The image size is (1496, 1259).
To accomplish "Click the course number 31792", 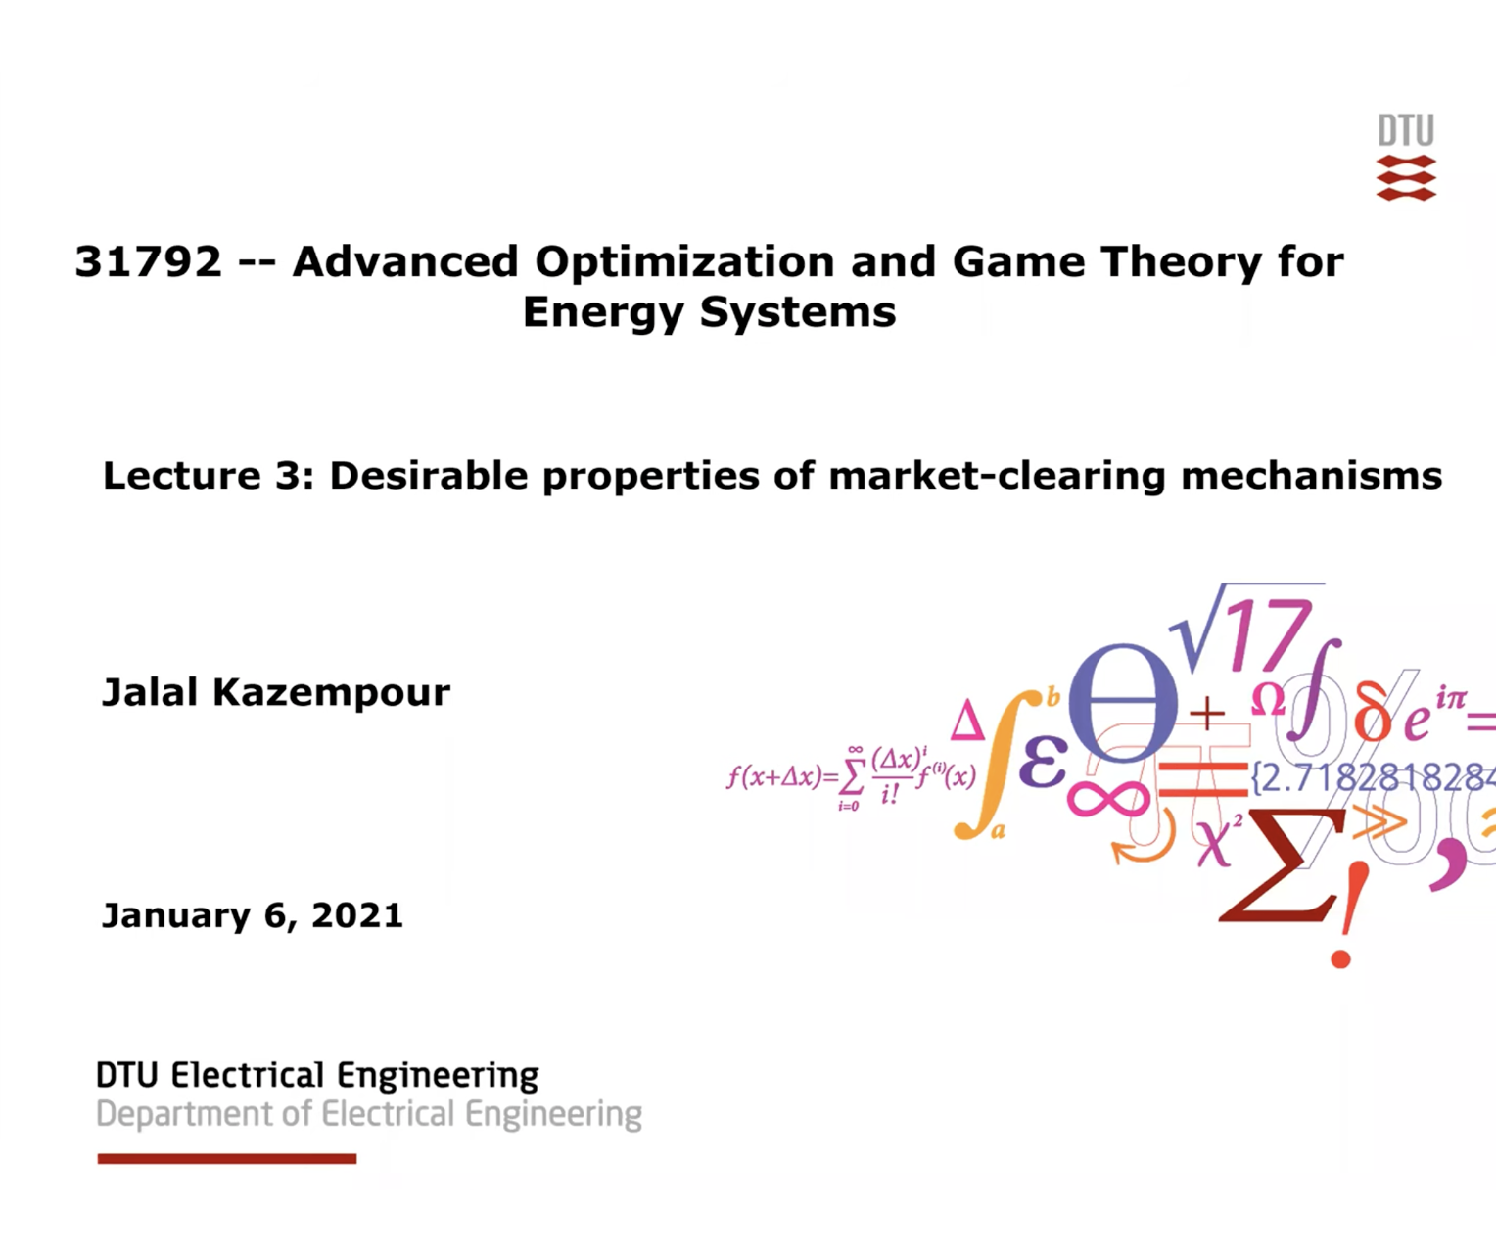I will point(149,261).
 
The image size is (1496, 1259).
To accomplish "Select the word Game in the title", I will point(1018,261).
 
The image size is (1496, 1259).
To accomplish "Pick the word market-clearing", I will point(997,476).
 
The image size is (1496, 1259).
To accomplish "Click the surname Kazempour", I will point(331,693).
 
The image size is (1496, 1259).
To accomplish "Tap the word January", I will point(176,915).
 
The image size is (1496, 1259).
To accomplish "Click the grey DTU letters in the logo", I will point(1406,131).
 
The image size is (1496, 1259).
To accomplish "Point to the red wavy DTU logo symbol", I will point(1406,178).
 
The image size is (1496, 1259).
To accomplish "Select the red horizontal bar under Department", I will point(226,1159).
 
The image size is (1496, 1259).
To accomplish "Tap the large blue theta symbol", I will point(1123,702).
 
